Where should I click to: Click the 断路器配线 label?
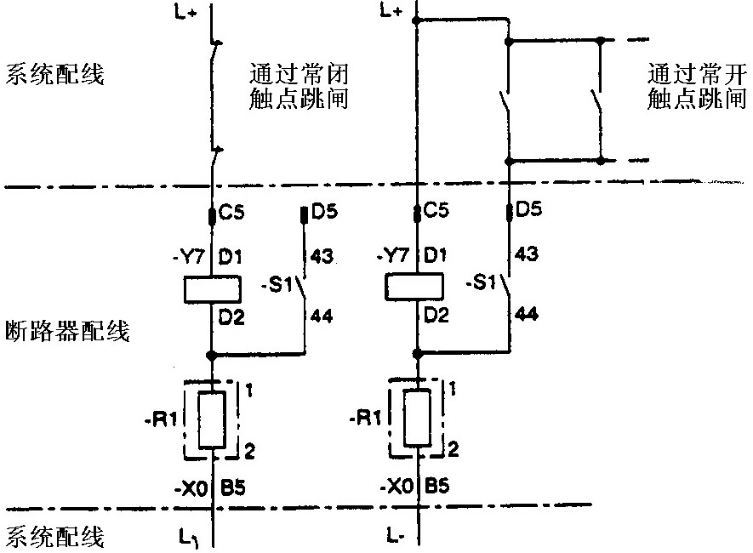[66, 331]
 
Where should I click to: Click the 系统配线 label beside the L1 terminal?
[55, 537]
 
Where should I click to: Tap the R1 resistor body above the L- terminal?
[417, 418]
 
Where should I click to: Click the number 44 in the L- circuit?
[528, 315]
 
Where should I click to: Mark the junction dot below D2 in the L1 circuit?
[211, 352]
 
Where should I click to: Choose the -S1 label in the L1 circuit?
[281, 286]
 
